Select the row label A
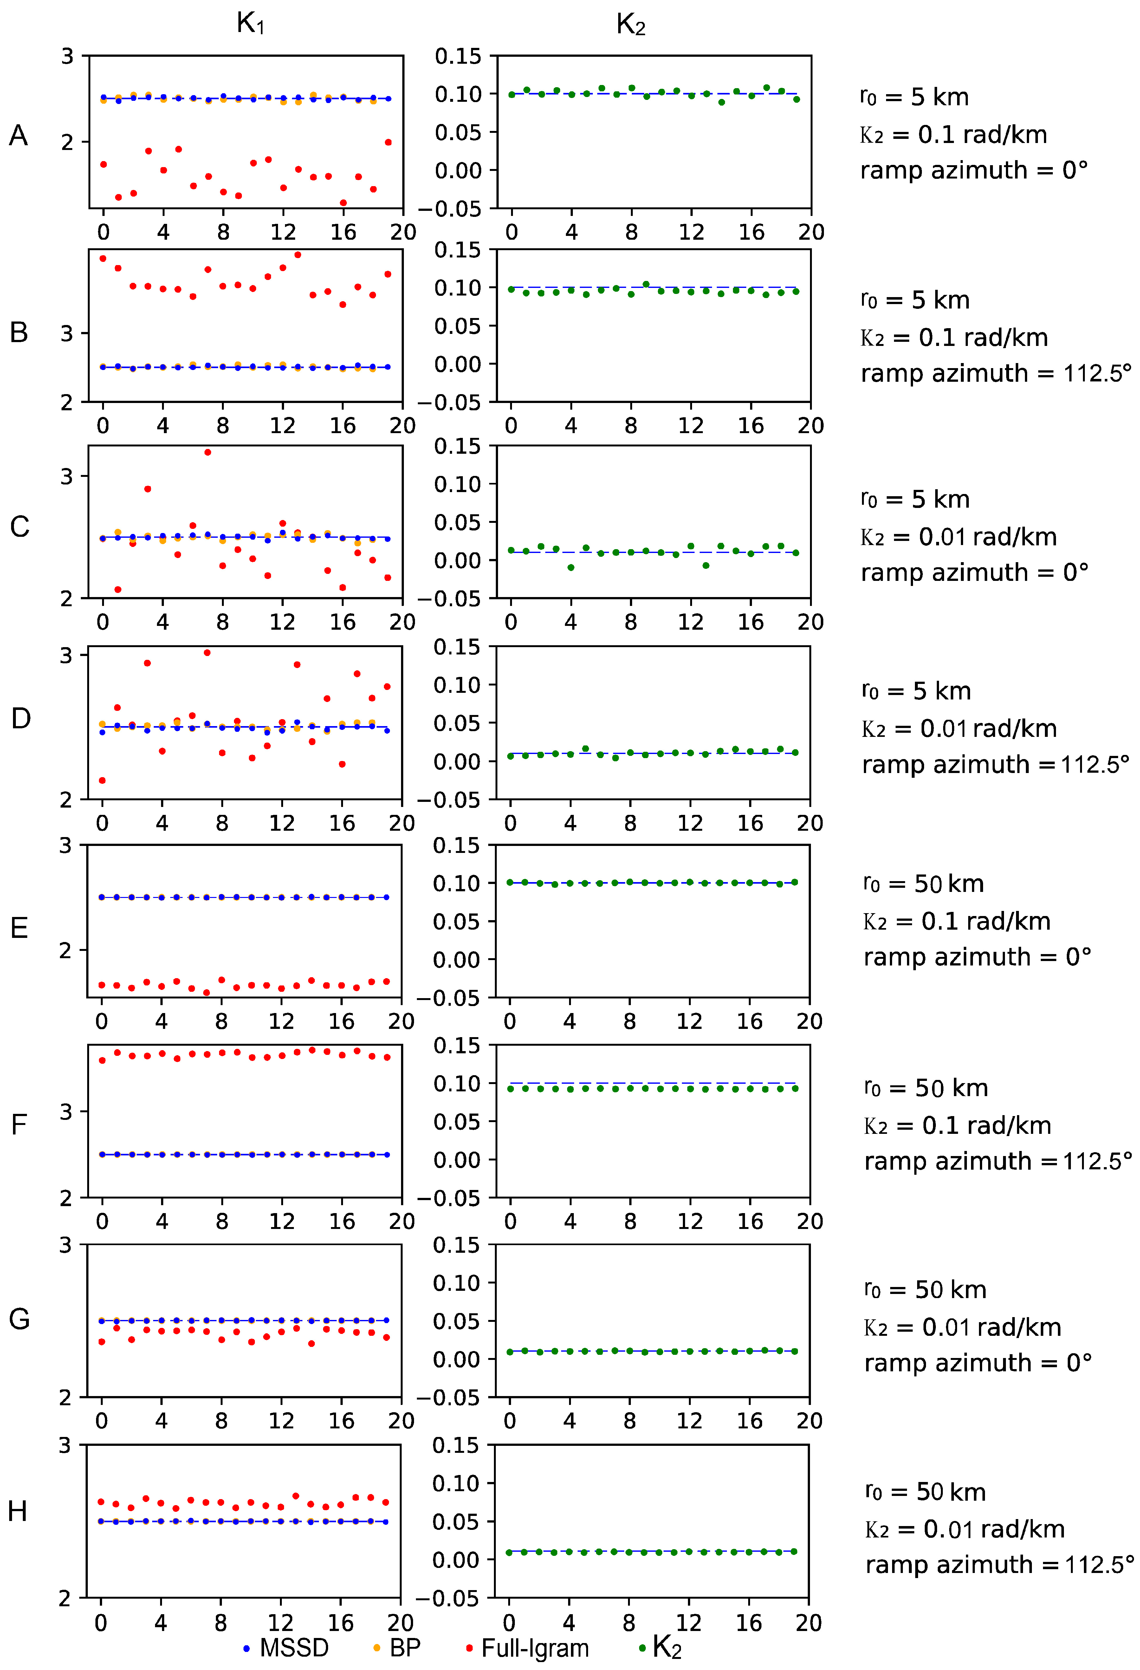click(x=19, y=135)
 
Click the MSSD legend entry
click(x=286, y=1647)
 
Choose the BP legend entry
click(x=397, y=1647)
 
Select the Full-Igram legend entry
click(x=528, y=1647)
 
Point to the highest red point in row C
click(x=208, y=452)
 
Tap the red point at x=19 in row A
click(x=388, y=142)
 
